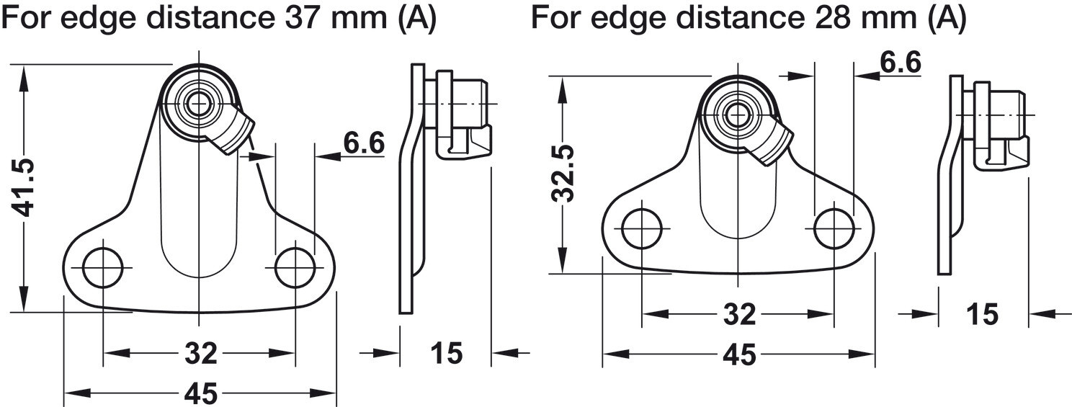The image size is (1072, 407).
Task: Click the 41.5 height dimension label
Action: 23,188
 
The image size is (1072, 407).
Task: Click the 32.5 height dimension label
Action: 563,174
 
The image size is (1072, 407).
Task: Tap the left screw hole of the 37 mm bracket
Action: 102,268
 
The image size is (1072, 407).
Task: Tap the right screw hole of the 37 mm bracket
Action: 295,268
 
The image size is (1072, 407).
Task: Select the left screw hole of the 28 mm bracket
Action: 642,228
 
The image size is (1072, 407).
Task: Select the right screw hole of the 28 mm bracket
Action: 834,228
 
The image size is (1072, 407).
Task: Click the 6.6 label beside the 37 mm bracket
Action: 364,143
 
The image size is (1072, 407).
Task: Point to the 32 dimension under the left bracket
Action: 201,354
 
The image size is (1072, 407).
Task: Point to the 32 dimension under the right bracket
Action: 739,314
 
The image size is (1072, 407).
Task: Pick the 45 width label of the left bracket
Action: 201,393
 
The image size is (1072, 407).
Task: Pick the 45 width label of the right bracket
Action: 739,354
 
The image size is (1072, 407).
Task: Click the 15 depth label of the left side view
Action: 447,354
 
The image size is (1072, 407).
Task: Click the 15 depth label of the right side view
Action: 983,314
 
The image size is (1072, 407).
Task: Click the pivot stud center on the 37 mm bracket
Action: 199,103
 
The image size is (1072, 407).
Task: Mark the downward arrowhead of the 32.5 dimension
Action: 563,260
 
